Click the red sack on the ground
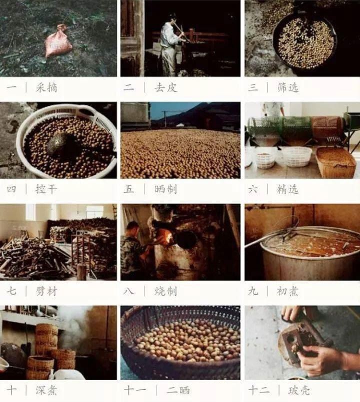click(x=58, y=41)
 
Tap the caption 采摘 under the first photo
click(x=46, y=88)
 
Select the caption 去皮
click(x=166, y=88)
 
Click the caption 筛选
click(x=288, y=88)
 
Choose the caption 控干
click(x=46, y=189)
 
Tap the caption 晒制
click(x=166, y=189)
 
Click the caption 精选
click(x=288, y=189)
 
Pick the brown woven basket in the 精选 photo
click(x=336, y=162)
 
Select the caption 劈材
click(x=46, y=291)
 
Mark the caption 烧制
click(x=166, y=291)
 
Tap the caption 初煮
click(x=287, y=291)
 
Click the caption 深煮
click(x=46, y=391)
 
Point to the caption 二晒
click(x=178, y=391)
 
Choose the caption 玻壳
click(x=299, y=391)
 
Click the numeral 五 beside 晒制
click(x=128, y=189)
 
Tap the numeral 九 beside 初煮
click(x=253, y=291)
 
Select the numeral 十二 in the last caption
click(x=259, y=391)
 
